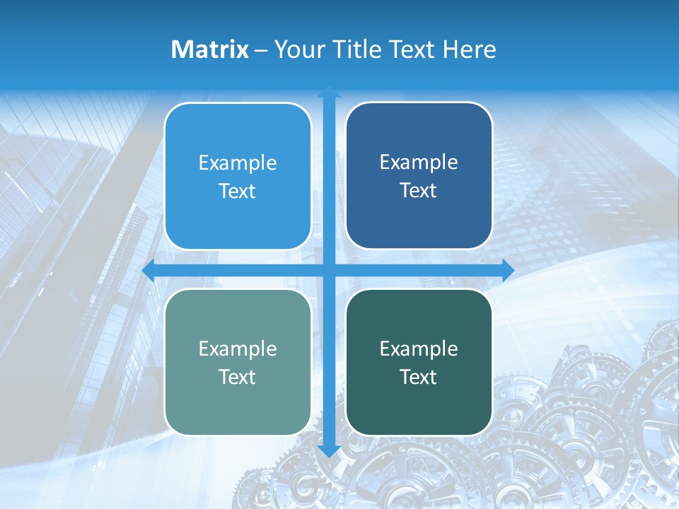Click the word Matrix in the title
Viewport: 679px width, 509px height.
coord(210,49)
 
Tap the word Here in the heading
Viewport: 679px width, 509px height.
coord(469,49)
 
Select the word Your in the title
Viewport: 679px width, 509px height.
coord(298,49)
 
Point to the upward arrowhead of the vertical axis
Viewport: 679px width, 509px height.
coord(328,92)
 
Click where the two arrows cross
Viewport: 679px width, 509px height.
coord(328,270)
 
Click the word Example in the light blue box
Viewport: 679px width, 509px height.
coord(238,163)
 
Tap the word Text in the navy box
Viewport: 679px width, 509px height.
coord(419,190)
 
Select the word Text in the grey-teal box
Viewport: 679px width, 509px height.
coord(238,377)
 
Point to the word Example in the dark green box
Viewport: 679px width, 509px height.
coord(419,349)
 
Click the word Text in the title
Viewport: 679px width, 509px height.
coord(412,49)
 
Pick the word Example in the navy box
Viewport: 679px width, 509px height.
coord(419,163)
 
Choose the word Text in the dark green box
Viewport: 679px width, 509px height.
coord(419,377)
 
